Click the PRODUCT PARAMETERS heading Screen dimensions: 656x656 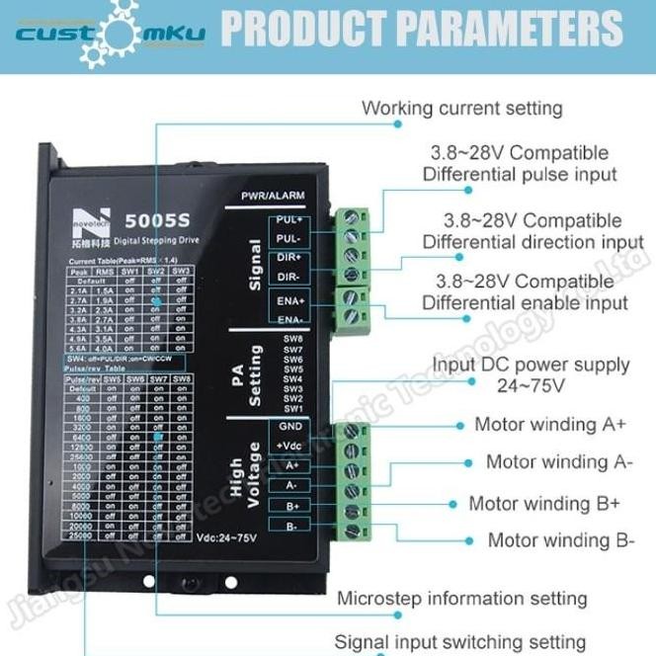[x=423, y=30]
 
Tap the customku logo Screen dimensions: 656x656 [x=109, y=33]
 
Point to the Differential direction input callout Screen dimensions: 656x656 [x=533, y=231]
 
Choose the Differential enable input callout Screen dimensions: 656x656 [x=525, y=292]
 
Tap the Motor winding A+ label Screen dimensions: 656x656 [x=550, y=424]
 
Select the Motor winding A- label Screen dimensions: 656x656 [x=558, y=461]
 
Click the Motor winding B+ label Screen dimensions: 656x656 [x=544, y=503]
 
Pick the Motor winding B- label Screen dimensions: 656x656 [x=560, y=540]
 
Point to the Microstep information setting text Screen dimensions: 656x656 [x=461, y=599]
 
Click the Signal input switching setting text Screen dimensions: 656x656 [x=459, y=642]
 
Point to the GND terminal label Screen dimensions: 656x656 [x=290, y=426]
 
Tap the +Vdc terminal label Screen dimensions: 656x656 [x=290, y=446]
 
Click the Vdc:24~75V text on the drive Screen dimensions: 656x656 [x=228, y=538]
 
